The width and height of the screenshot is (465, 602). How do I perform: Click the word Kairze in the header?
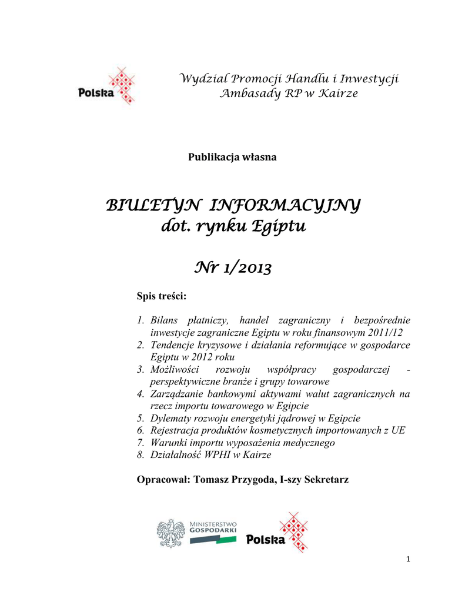[x=336, y=93]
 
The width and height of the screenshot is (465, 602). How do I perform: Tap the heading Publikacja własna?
[x=232, y=157]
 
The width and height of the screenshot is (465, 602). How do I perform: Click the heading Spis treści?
[x=161, y=296]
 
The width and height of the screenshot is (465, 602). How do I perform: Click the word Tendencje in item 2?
[x=175, y=345]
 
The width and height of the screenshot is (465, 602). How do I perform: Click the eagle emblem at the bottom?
[x=170, y=533]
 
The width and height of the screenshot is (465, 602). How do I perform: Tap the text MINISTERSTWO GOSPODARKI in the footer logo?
[x=213, y=526]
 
